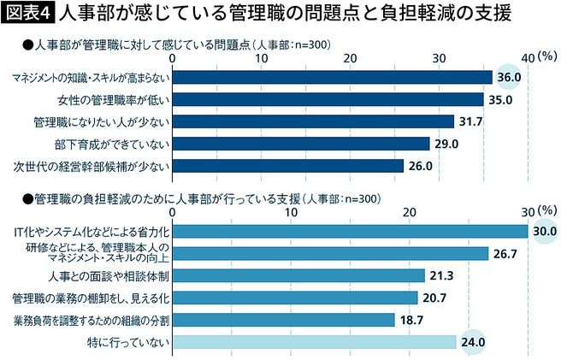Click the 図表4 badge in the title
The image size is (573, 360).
[x=28, y=14]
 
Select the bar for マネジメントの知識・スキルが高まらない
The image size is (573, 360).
[x=333, y=78]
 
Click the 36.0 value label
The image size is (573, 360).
[x=511, y=78]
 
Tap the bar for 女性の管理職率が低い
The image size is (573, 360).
[x=328, y=99]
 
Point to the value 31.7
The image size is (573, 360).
[x=471, y=121]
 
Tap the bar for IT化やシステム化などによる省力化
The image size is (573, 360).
[x=351, y=232]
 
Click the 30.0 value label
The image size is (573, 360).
[x=544, y=232]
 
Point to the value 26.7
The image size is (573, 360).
[x=508, y=253]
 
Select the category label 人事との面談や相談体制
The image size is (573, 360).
[x=112, y=275]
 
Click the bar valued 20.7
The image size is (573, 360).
[x=295, y=298]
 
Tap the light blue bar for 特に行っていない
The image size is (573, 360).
[x=314, y=342]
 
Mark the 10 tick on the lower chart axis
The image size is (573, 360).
[x=292, y=211]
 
